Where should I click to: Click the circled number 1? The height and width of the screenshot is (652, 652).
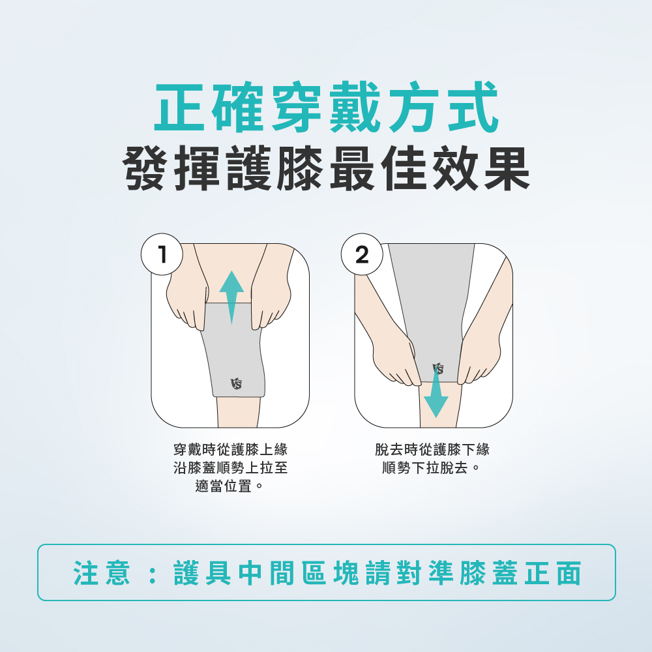click(162, 254)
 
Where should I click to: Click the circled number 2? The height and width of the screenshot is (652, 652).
click(362, 254)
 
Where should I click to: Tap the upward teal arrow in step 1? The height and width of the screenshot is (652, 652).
click(231, 297)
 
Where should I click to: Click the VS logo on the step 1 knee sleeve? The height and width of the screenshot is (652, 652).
click(236, 383)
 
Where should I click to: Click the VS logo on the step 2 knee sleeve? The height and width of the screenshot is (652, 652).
click(438, 368)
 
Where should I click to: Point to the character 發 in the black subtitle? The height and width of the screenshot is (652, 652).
click(145, 168)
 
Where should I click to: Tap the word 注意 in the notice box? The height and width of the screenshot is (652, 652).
click(102, 572)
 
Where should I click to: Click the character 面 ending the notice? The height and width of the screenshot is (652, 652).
click(569, 572)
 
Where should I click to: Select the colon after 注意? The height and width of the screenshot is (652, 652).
click(152, 573)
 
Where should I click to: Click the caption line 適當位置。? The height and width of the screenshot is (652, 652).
click(230, 486)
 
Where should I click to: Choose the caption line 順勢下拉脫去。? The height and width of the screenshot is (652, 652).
click(432, 467)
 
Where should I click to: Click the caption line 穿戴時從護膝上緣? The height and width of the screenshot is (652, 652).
click(230, 449)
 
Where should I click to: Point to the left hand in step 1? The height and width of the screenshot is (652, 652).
click(187, 299)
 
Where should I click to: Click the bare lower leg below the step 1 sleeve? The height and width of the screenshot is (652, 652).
click(238, 411)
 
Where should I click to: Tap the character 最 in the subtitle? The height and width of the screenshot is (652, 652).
click(353, 168)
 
